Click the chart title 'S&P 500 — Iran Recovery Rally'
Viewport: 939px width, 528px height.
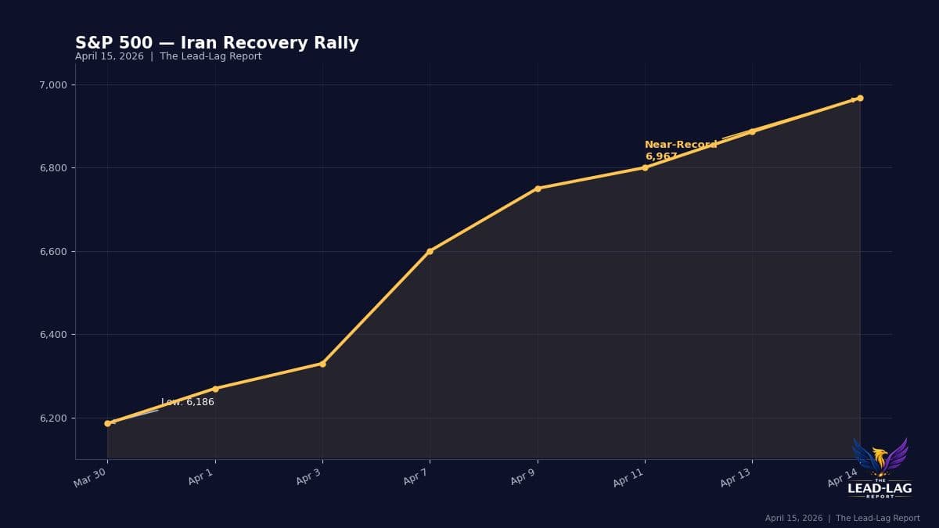click(217, 43)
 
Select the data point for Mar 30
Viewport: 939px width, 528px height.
click(107, 423)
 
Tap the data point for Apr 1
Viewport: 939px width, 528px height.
click(215, 389)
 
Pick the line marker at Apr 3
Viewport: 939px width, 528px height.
click(322, 364)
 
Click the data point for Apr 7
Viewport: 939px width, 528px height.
click(430, 251)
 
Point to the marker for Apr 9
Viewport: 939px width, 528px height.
click(538, 189)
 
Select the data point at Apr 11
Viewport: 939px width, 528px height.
click(645, 167)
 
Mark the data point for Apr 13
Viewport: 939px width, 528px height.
click(752, 131)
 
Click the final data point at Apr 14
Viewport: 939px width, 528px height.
click(860, 98)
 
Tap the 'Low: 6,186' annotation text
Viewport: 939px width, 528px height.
click(188, 402)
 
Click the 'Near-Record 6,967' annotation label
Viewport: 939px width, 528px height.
click(680, 150)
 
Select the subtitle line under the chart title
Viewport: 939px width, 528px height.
click(168, 56)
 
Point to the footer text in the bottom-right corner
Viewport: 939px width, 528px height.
click(842, 518)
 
